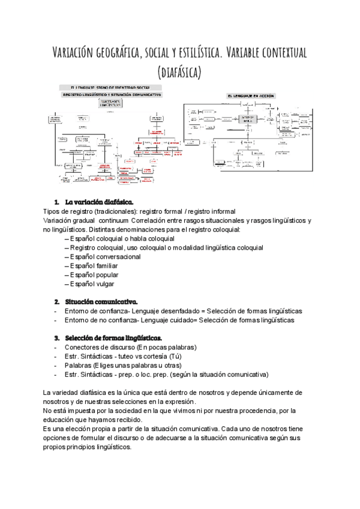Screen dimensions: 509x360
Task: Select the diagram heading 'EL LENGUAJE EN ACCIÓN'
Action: (254, 96)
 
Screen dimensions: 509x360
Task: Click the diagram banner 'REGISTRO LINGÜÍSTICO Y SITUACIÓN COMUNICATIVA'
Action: (112, 95)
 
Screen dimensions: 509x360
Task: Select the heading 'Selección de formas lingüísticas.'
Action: (114, 338)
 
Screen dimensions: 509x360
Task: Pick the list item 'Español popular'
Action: (97, 274)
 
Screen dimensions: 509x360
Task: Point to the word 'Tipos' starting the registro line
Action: (52, 211)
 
